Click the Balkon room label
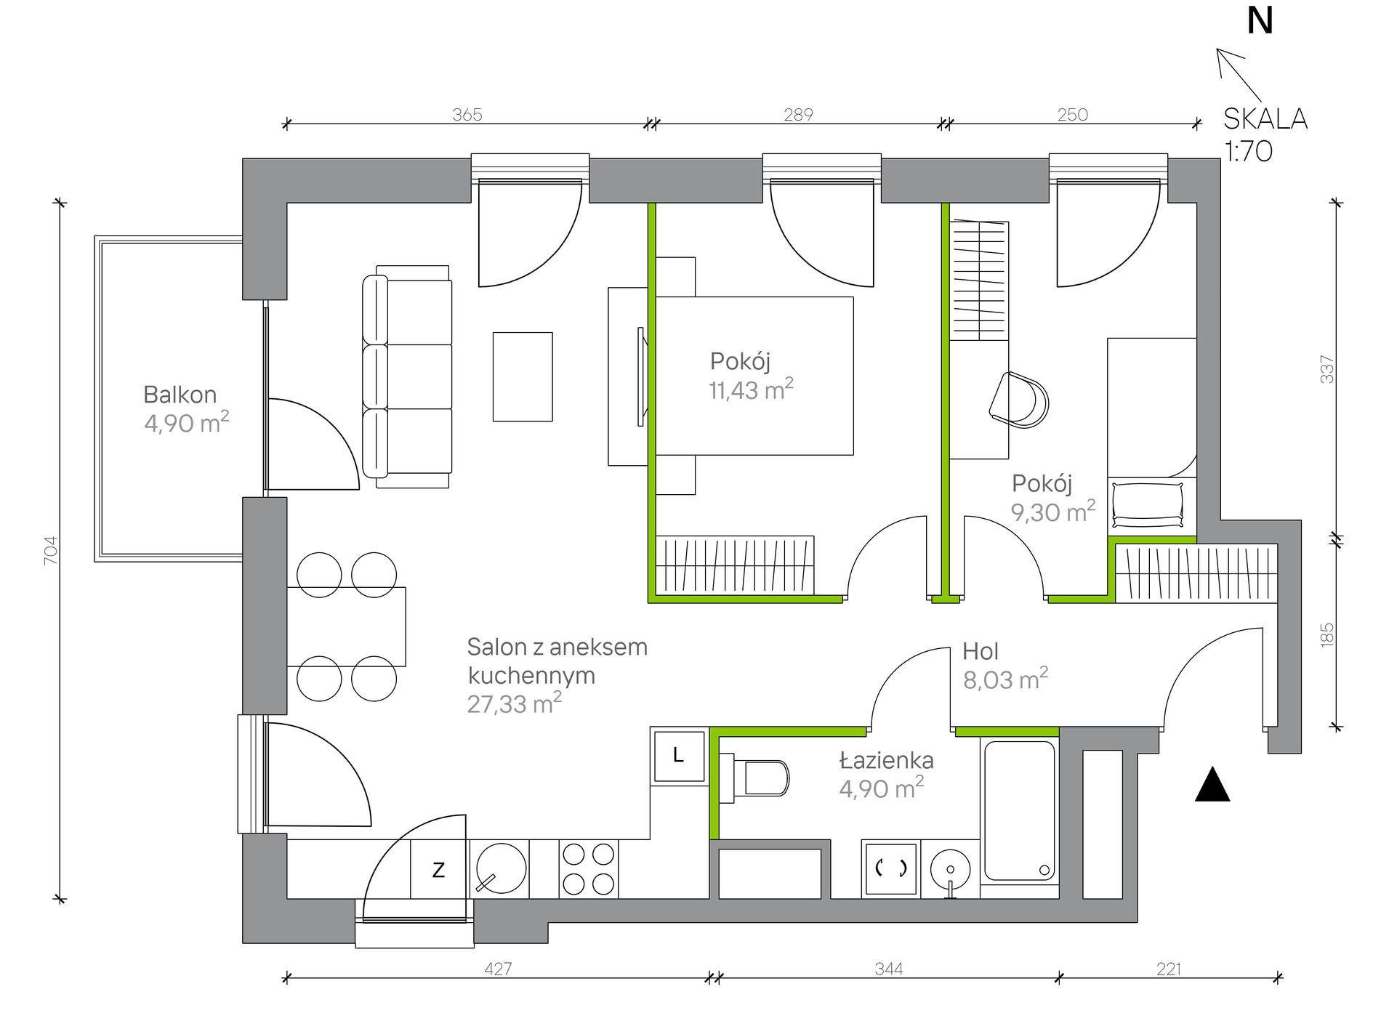pyautogui.click(x=180, y=395)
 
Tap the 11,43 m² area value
pyautogui.click(x=751, y=390)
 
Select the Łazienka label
pyautogui.click(x=886, y=761)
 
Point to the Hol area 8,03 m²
pyautogui.click(x=1005, y=679)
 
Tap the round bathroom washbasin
pyautogui.click(x=950, y=870)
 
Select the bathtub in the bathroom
pyautogui.click(x=1019, y=810)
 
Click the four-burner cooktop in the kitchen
pyautogui.click(x=589, y=868)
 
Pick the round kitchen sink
pyautogui.click(x=502, y=868)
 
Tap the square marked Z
pyautogui.click(x=438, y=869)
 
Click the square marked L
pyautogui.click(x=678, y=756)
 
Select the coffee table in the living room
pyautogui.click(x=523, y=376)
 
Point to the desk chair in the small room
pyautogui.click(x=1019, y=400)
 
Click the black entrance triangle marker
pyautogui.click(x=1212, y=785)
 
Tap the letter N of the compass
pyautogui.click(x=1260, y=21)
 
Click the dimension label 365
pyautogui.click(x=467, y=115)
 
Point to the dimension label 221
pyautogui.click(x=1169, y=969)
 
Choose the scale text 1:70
pyautogui.click(x=1249, y=151)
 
